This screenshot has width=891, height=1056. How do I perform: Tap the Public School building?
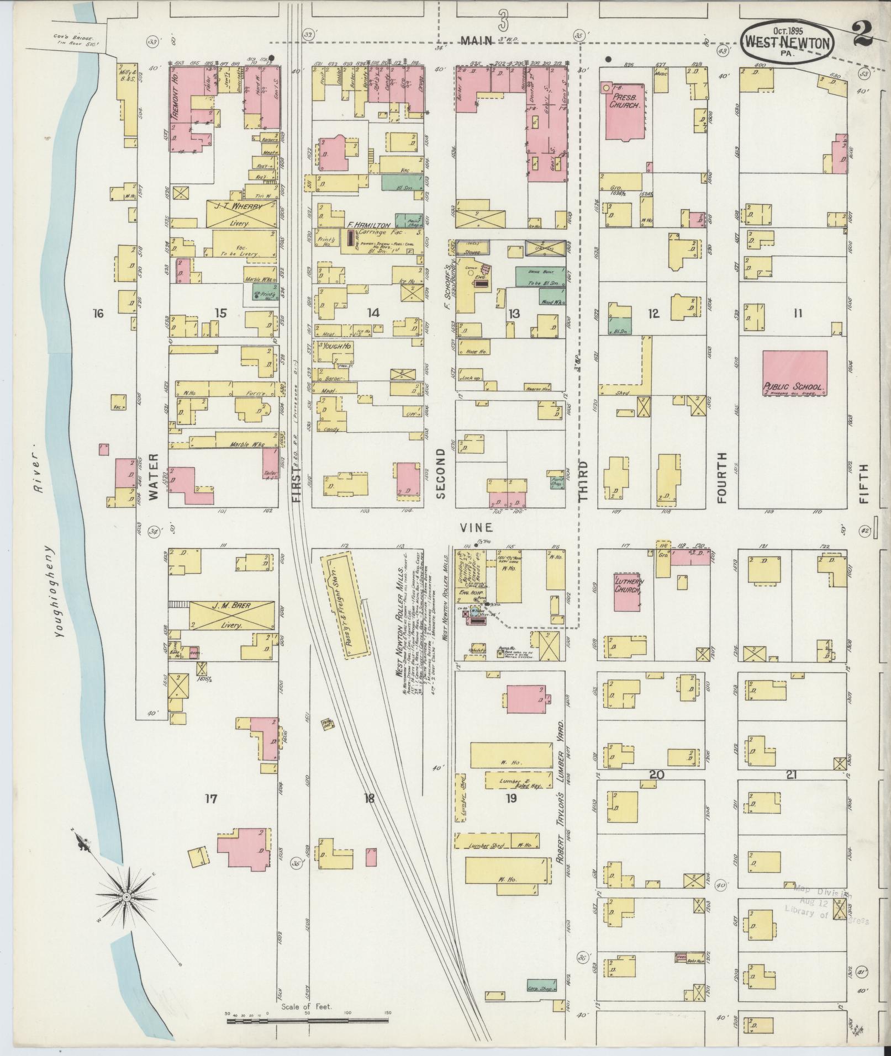pos(794,373)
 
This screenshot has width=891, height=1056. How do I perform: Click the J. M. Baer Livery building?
pos(231,614)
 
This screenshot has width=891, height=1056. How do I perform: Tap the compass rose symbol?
pos(126,898)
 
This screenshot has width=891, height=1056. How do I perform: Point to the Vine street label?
pos(477,528)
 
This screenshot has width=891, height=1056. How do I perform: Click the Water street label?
pos(154,476)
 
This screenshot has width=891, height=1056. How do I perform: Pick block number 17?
pos(211,798)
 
